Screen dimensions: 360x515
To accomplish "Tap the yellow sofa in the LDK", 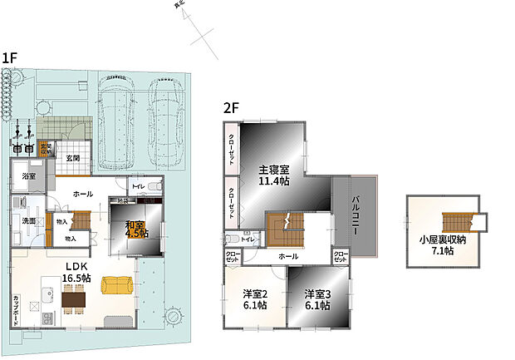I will point(116,285).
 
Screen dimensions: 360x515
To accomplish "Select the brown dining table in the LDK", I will point(74,298).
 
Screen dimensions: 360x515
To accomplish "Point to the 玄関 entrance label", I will point(73,158).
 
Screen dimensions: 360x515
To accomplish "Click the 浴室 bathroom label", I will point(29,176).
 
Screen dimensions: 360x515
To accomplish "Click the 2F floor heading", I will point(230,107).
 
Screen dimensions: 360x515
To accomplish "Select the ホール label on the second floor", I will point(288,256).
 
